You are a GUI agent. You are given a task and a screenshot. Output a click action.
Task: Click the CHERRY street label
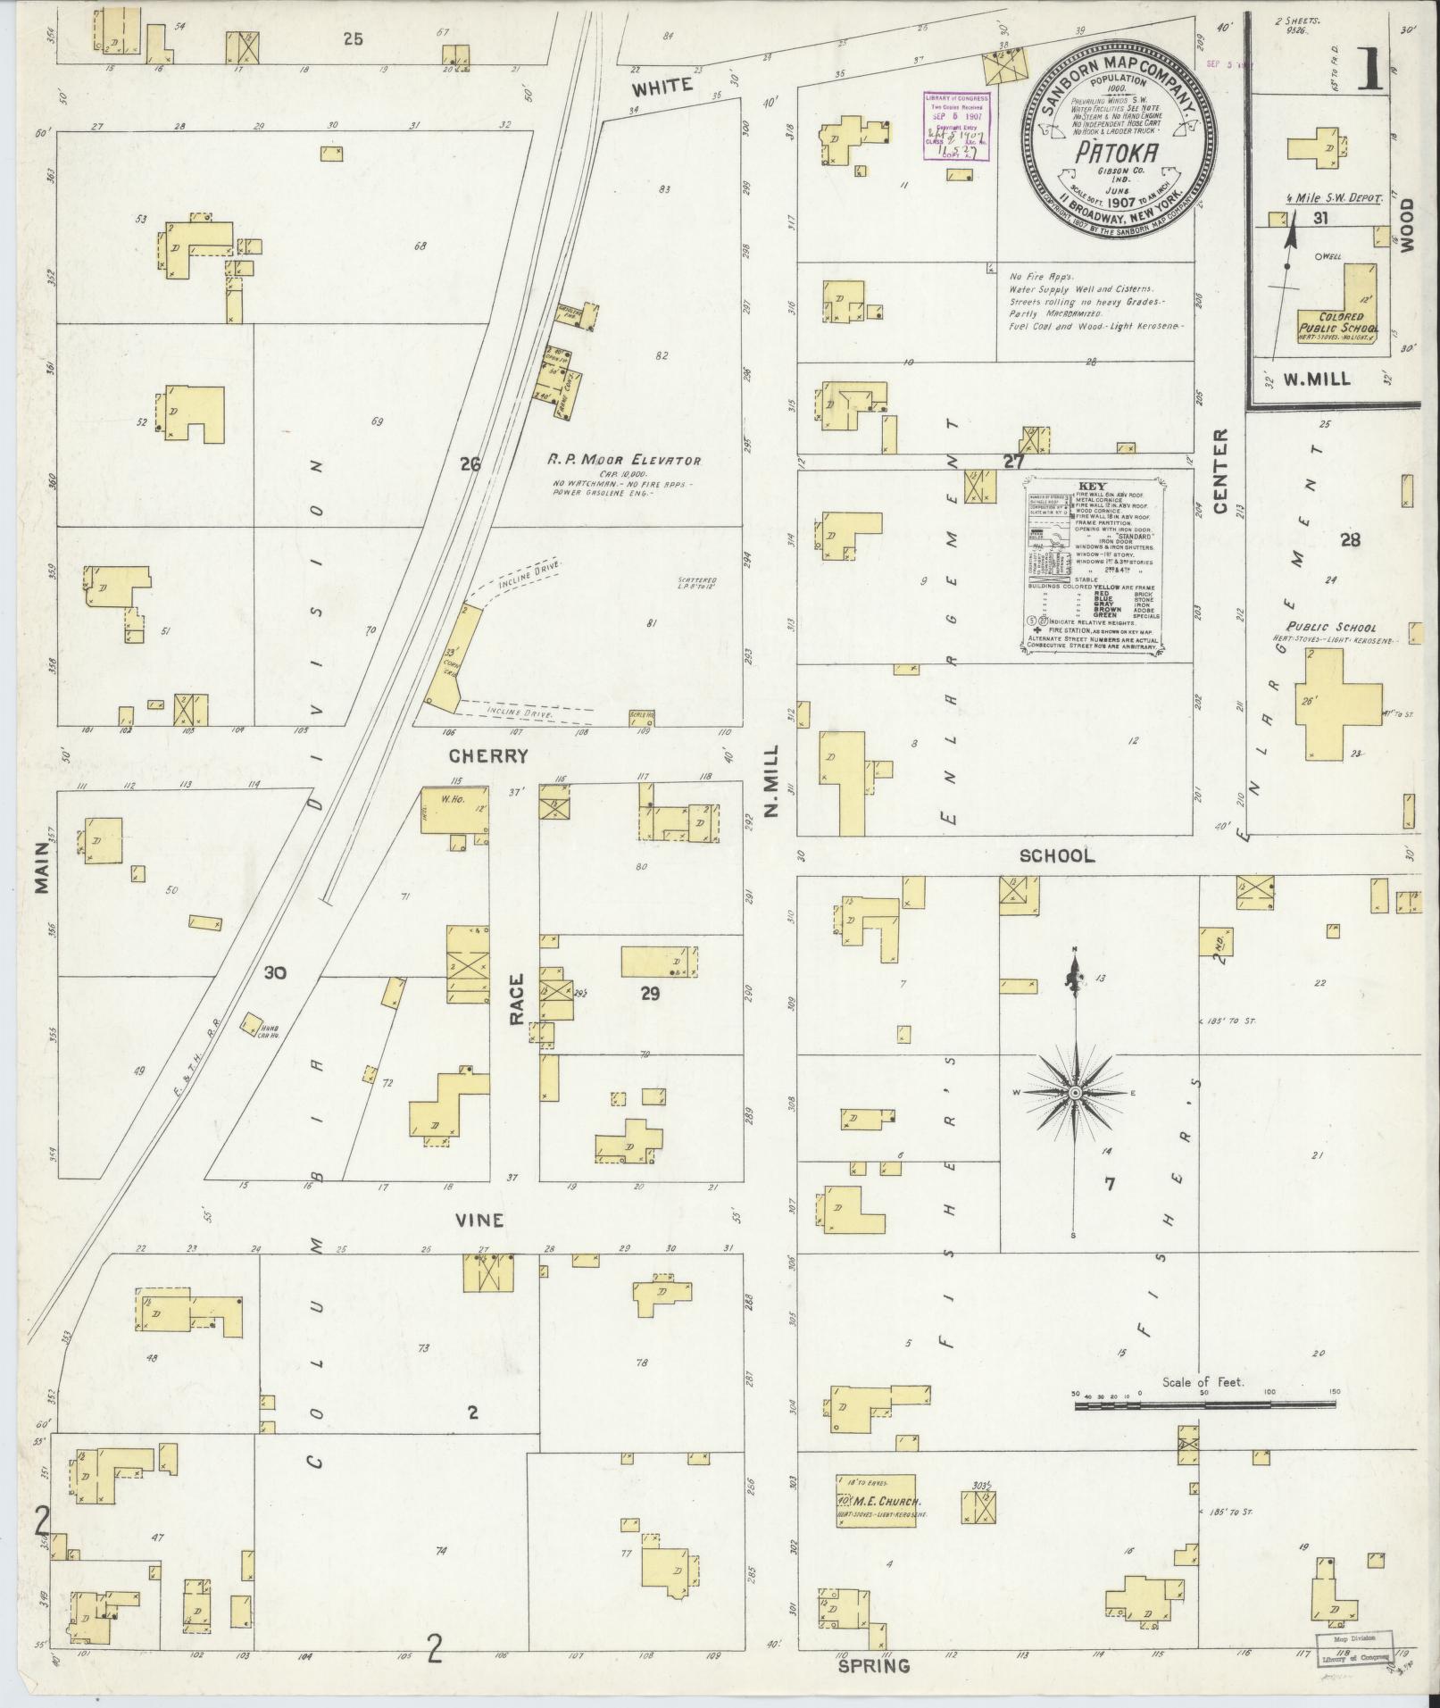pyautogui.click(x=488, y=756)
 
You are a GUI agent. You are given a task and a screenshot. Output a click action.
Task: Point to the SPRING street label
pyautogui.click(x=873, y=1666)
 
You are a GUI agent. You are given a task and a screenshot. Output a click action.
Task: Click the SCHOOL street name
pyautogui.click(x=1057, y=855)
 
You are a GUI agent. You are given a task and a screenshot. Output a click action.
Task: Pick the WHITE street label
pyautogui.click(x=662, y=86)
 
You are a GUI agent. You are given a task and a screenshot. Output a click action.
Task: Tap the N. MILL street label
pyautogui.click(x=770, y=781)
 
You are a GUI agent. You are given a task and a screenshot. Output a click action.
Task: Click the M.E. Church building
pyautogui.click(x=876, y=1501)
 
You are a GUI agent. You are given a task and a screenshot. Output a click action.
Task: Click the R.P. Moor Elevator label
pyautogui.click(x=624, y=461)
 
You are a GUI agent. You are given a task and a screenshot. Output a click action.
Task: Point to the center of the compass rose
pyautogui.click(x=1076, y=1093)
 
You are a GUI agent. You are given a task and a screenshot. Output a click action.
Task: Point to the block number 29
pyautogui.click(x=650, y=993)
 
